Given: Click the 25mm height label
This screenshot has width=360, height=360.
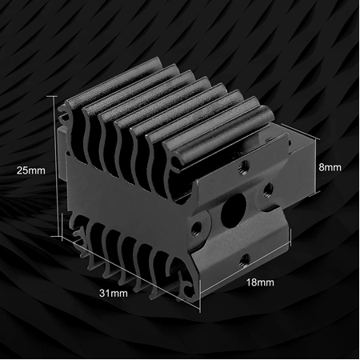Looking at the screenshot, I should [x=30, y=170].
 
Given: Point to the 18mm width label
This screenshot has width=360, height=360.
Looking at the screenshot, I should [x=261, y=282].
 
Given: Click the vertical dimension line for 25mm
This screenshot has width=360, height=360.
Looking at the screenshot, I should [x=57, y=168].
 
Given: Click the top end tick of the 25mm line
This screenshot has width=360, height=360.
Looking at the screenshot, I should [x=57, y=97].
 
